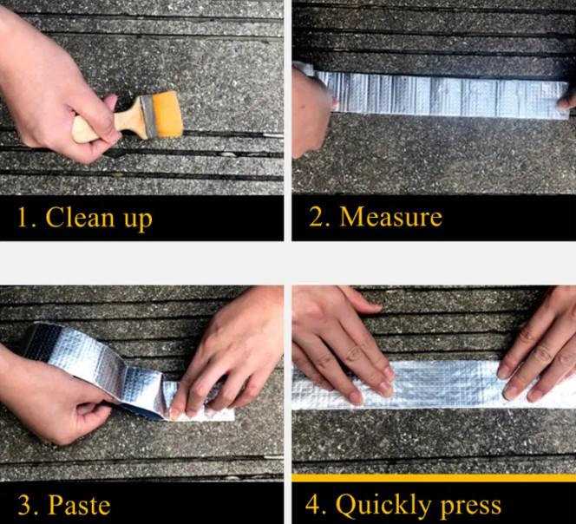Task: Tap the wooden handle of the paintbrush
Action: [107, 121]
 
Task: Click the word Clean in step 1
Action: [80, 218]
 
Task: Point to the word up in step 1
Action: [138, 220]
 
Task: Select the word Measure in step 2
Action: [391, 217]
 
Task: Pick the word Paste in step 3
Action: [79, 504]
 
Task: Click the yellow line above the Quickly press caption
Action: [434, 478]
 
